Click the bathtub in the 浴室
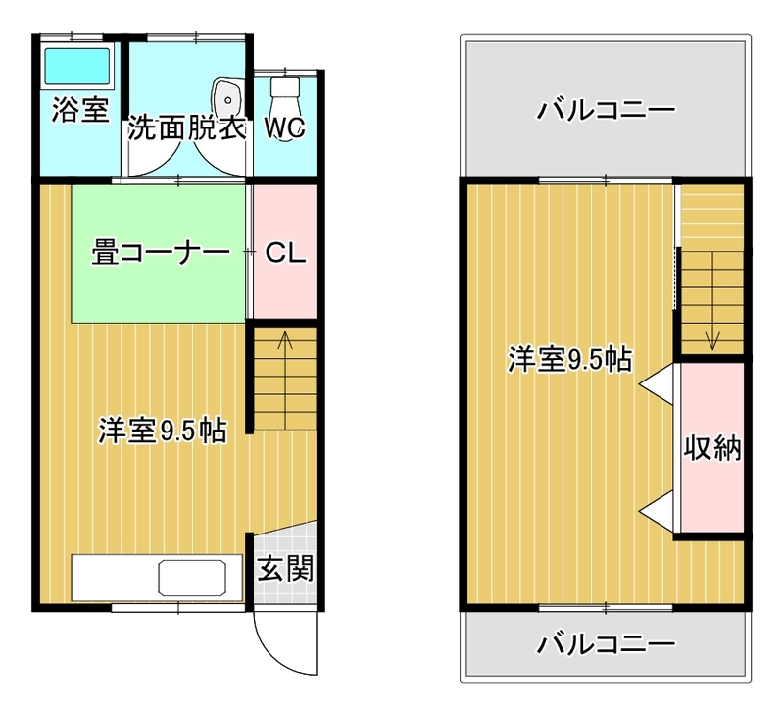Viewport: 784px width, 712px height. [77, 66]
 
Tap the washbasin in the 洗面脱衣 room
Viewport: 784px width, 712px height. [227, 99]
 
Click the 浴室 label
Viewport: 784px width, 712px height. [80, 110]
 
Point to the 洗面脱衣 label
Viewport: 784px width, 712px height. [187, 128]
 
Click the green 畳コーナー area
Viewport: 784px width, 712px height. [159, 254]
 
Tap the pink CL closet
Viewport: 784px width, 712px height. [285, 252]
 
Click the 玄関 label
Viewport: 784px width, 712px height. [285, 568]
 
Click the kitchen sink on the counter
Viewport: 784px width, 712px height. [192, 578]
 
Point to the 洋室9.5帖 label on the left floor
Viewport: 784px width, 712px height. [163, 431]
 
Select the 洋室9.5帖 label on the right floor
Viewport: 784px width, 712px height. [570, 359]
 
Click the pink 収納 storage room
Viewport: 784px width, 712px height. [712, 447]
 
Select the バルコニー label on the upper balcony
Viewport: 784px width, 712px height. [606, 109]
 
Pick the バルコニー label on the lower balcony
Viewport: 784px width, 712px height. [606, 644]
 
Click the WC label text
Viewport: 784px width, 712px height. [284, 128]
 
